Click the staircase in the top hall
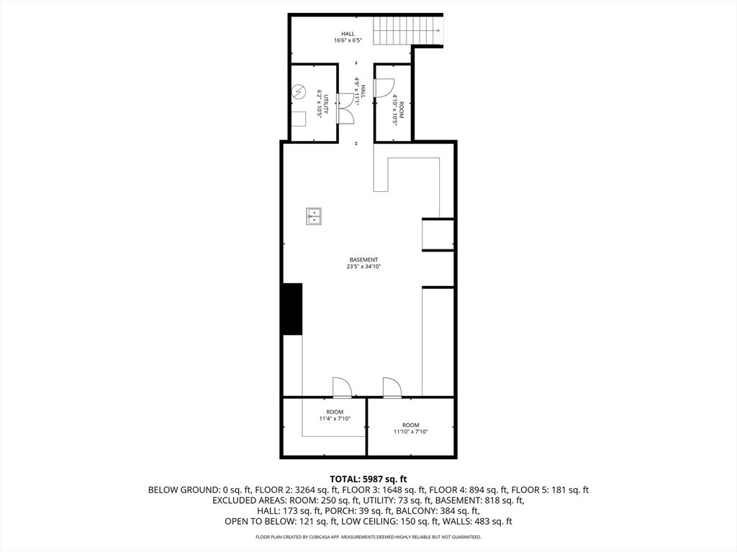(x=408, y=30)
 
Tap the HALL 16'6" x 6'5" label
(x=348, y=37)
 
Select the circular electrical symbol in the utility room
(x=299, y=91)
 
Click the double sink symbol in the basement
(x=314, y=216)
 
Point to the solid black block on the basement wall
(x=292, y=309)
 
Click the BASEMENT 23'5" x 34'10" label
(x=363, y=263)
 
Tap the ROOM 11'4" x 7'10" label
(x=335, y=415)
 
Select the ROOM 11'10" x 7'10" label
(x=410, y=428)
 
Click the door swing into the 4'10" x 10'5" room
(x=383, y=87)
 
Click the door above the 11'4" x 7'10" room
(x=342, y=387)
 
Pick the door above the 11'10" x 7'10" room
(x=392, y=387)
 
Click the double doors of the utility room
(x=345, y=108)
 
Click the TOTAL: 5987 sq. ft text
(x=368, y=479)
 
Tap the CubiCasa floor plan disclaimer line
(x=368, y=537)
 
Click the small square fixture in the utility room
(x=298, y=119)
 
